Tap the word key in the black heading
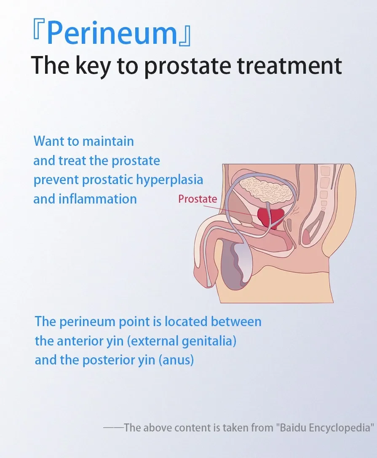[x=93, y=66]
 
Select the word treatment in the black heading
[x=289, y=66]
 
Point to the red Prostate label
[x=198, y=199]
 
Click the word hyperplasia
[x=170, y=180]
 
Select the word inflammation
[x=98, y=199]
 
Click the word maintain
[x=109, y=141]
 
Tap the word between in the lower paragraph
[x=236, y=321]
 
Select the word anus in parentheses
[x=176, y=360]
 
